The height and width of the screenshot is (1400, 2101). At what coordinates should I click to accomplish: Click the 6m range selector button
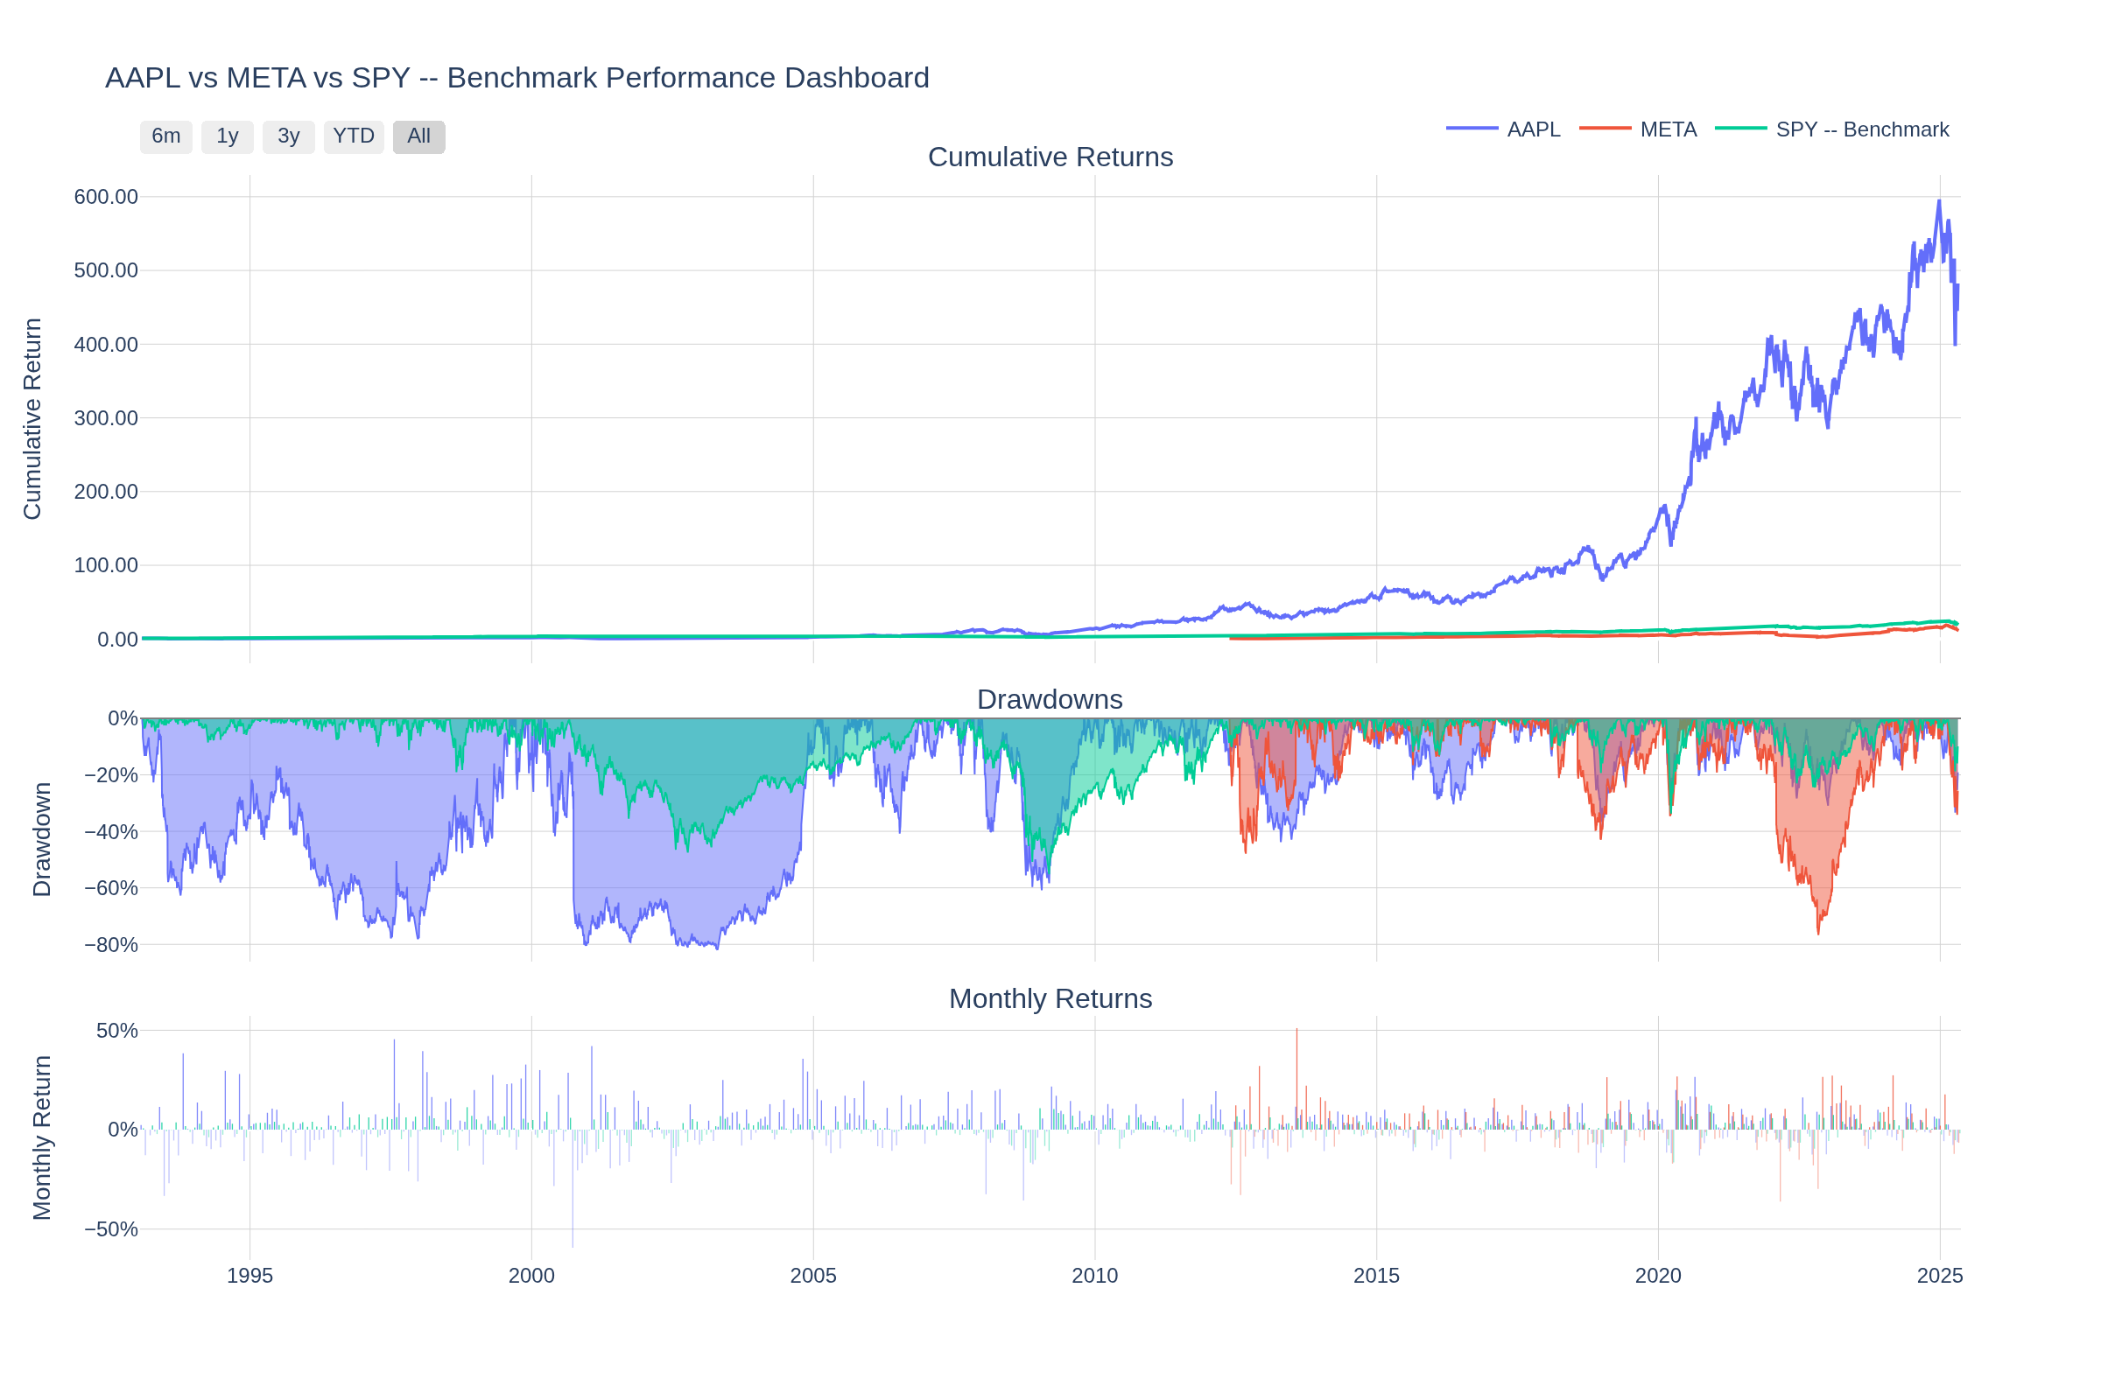click(166, 136)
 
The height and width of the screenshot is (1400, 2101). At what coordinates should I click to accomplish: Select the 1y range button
click(227, 136)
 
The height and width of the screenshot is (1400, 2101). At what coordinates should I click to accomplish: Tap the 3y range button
click(289, 136)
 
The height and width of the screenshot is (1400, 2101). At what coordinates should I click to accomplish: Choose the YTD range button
click(354, 136)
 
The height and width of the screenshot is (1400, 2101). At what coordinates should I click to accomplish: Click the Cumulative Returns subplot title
click(1050, 157)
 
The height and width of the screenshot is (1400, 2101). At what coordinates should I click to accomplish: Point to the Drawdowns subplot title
click(1050, 699)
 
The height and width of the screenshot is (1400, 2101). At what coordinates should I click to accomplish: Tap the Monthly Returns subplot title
click(1050, 998)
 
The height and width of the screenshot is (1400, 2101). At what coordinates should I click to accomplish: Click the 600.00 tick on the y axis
click(105, 196)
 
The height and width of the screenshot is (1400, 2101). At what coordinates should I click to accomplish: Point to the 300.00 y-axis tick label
click(105, 418)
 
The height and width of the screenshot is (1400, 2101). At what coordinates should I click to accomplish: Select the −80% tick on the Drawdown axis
click(111, 945)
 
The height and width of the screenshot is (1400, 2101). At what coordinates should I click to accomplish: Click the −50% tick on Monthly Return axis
click(111, 1228)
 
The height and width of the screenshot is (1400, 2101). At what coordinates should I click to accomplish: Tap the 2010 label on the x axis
click(1094, 1276)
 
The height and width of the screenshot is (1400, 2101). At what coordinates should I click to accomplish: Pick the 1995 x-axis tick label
click(249, 1276)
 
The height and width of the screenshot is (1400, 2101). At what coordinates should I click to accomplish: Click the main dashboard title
click(517, 78)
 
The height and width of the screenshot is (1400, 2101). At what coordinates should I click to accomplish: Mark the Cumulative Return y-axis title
click(32, 418)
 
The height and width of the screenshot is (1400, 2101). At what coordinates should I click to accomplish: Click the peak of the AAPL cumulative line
click(1938, 201)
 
